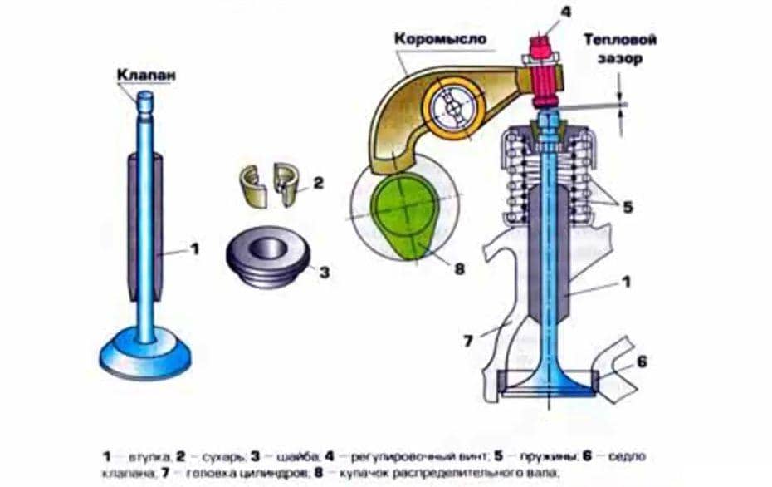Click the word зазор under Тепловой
click(x=623, y=59)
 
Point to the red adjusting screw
click(x=543, y=74)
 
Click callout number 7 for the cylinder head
click(x=471, y=341)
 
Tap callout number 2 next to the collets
click(x=317, y=183)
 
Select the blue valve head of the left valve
click(x=145, y=355)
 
